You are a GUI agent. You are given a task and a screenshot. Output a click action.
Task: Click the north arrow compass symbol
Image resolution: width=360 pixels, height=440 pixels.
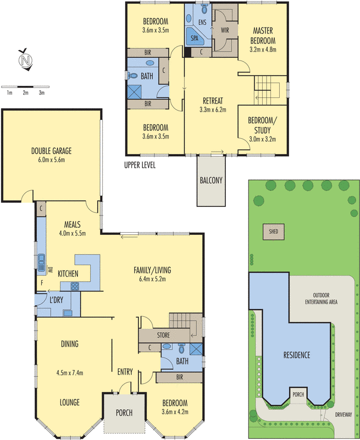point(24,59)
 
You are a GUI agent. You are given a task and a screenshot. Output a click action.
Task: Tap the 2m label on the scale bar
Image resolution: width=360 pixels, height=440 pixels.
point(25,92)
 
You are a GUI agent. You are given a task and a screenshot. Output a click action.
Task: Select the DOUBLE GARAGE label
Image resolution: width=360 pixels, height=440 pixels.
point(52,150)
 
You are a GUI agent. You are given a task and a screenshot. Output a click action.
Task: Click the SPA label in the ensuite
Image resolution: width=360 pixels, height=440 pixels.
point(195,38)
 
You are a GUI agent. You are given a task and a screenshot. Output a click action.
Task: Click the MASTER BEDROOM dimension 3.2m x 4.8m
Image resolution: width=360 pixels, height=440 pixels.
point(264,50)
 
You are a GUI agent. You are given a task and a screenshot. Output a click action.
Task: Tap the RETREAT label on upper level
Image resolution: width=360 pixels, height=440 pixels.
point(212,100)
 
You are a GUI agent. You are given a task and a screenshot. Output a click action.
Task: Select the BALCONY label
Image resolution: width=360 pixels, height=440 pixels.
point(211,180)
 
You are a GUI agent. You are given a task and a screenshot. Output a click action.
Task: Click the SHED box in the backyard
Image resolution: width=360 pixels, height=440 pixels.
point(273,232)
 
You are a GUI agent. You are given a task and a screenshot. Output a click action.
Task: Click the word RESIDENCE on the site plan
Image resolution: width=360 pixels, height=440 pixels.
point(297,355)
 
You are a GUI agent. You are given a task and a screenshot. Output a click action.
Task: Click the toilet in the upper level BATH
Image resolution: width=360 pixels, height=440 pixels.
point(134,76)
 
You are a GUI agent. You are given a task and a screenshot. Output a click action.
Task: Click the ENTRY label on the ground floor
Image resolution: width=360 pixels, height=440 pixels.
point(125,372)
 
